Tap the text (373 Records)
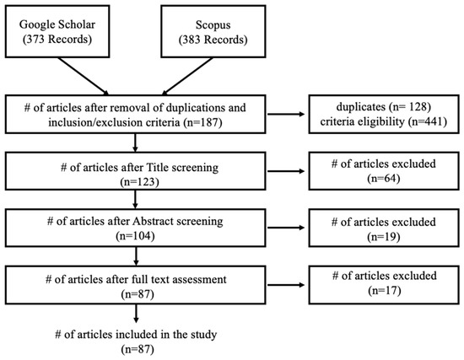pos(57,39)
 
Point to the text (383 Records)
pos(213,40)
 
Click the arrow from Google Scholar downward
pos(84,77)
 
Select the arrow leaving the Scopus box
pos(187,77)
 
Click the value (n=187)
pos(202,122)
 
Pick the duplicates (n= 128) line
pos(384,107)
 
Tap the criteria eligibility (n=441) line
pos(384,121)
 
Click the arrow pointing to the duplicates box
pos(286,114)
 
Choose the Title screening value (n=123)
pos(139,182)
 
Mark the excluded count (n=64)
pos(384,179)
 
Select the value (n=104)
pos(135,236)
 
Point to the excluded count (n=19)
pos(384,237)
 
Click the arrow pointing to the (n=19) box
pos(286,228)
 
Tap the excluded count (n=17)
pos(385,291)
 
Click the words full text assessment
pos(178,280)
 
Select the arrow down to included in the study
pos(136,314)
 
